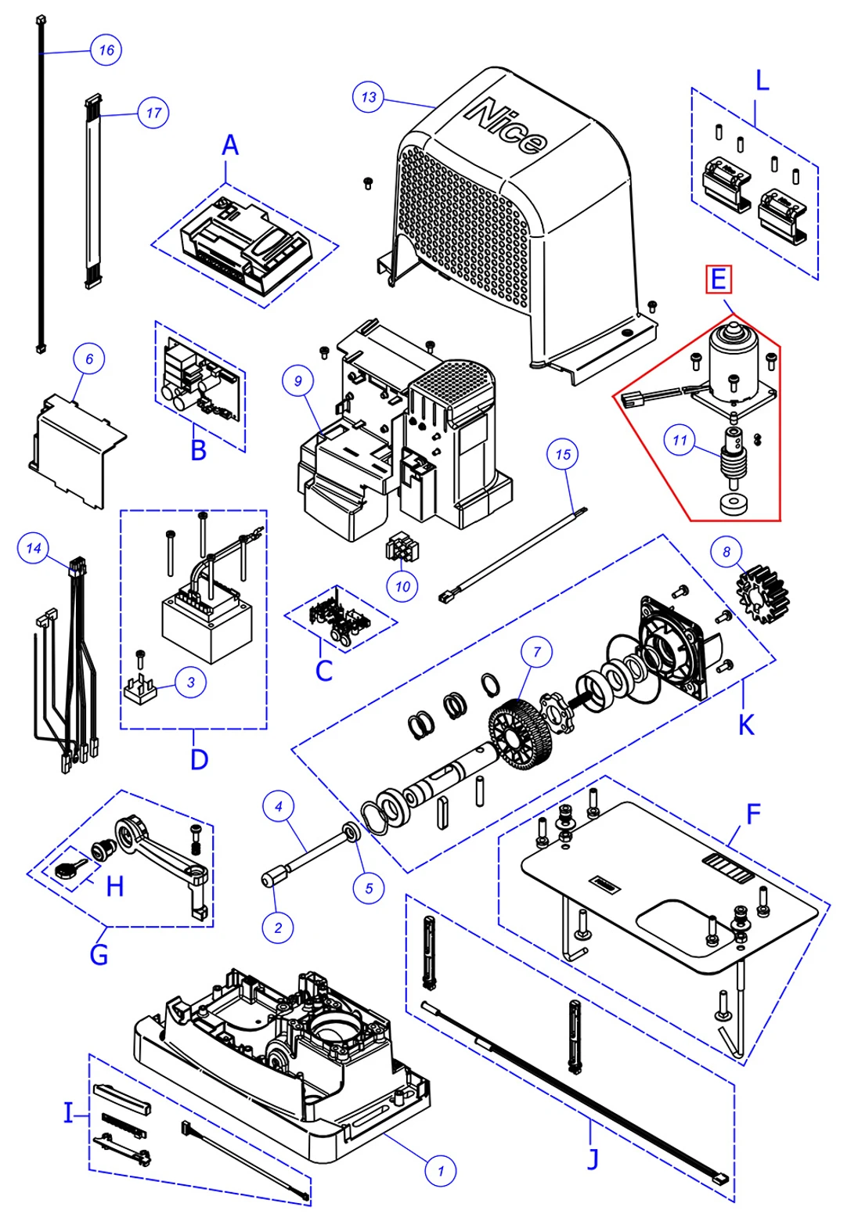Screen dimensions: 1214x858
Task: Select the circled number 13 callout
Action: pyautogui.click(x=368, y=97)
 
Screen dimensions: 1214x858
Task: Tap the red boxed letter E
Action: pyautogui.click(x=718, y=279)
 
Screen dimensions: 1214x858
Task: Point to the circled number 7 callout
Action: pyautogui.click(x=537, y=651)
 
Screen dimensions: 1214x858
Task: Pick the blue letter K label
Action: pyautogui.click(x=746, y=725)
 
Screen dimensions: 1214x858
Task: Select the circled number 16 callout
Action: pyautogui.click(x=106, y=50)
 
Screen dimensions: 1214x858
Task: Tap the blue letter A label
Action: pyautogui.click(x=229, y=145)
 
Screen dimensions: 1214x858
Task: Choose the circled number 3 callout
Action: pyautogui.click(x=190, y=682)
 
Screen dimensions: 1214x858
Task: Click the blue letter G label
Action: pyautogui.click(x=99, y=955)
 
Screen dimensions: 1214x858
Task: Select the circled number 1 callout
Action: pyautogui.click(x=440, y=1171)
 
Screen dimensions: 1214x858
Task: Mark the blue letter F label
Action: pyautogui.click(x=752, y=814)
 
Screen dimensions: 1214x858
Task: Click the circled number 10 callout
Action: pyautogui.click(x=402, y=586)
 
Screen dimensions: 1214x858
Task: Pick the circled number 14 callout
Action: pyautogui.click(x=33, y=548)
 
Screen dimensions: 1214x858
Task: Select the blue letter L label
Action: pyautogui.click(x=762, y=81)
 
